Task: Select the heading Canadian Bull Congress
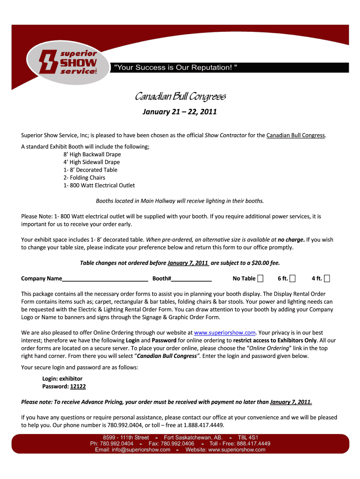(x=180, y=97)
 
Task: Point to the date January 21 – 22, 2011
(x=180, y=112)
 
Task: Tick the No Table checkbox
(x=260, y=279)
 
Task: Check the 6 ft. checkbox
(x=293, y=279)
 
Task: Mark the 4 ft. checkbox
(x=327, y=279)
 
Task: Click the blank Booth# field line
(x=192, y=279)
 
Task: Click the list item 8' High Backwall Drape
(x=92, y=154)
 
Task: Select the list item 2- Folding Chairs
(x=84, y=178)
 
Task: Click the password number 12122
(x=78, y=387)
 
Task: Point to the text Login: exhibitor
(x=62, y=379)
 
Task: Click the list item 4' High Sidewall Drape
(x=92, y=162)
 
